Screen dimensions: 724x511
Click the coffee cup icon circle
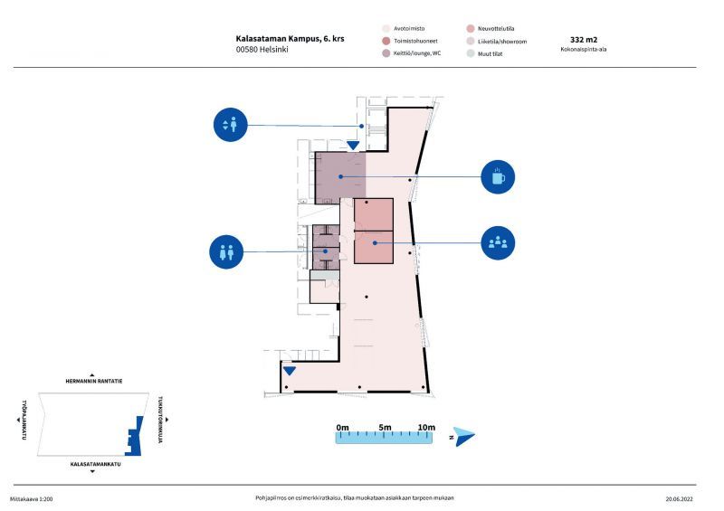(498, 176)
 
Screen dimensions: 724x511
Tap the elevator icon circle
(231, 125)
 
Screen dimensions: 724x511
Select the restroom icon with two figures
(226, 251)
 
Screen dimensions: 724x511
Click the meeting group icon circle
(498, 242)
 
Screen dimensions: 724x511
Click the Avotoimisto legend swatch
(386, 29)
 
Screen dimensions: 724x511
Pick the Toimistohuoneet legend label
(415, 41)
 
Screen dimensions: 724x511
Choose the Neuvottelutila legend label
(496, 29)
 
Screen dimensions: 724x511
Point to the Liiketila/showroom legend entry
(497, 41)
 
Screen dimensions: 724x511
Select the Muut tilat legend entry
(484, 53)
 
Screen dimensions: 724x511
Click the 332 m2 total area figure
(584, 40)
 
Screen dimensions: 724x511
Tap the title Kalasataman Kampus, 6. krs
(290, 39)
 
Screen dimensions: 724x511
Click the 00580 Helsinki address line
(262, 50)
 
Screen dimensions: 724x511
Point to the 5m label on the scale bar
(385, 428)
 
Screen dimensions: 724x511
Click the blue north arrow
(463, 436)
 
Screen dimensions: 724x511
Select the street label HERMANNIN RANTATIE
(94, 382)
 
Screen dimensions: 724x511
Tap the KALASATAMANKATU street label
(96, 464)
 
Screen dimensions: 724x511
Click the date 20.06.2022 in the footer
(680, 499)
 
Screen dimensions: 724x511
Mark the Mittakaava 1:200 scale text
(32, 499)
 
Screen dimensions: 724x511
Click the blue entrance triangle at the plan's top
(353, 146)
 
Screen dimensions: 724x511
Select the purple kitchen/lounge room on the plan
(340, 177)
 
